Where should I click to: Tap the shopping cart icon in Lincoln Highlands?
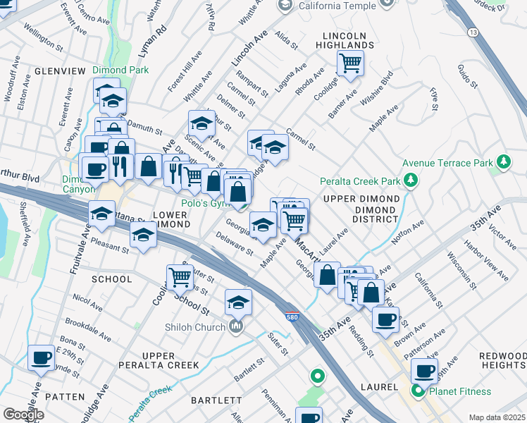coord(349,63)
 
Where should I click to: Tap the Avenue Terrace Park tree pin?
coord(503,163)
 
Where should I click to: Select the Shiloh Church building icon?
coord(236,326)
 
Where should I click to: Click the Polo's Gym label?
coord(205,203)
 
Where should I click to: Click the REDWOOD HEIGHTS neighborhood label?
coord(502,361)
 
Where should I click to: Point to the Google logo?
coord(23,414)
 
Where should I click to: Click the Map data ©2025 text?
coord(496,417)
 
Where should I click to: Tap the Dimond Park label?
coord(119,70)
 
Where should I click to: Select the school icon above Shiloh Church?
coord(239,302)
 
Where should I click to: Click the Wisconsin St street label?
coord(479,265)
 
